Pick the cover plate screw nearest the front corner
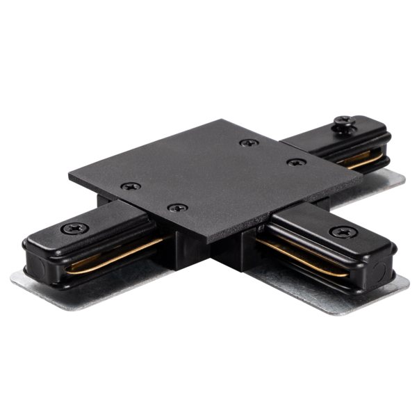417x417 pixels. (x=179, y=207)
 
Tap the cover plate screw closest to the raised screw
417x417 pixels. (x=292, y=161)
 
